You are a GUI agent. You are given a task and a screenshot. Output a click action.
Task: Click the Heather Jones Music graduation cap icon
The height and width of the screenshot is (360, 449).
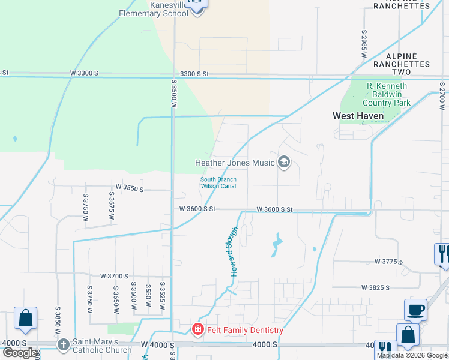click(284, 162)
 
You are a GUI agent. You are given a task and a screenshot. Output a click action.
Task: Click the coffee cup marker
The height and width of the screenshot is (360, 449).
click(415, 310)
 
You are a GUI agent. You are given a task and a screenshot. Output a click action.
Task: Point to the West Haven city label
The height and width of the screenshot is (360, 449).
click(358, 116)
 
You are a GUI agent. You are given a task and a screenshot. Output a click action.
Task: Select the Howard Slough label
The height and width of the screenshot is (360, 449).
click(235, 251)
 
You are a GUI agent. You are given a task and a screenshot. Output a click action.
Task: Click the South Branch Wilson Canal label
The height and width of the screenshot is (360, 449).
click(218, 183)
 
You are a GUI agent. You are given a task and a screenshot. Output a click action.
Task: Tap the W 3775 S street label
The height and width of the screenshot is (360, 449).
click(388, 262)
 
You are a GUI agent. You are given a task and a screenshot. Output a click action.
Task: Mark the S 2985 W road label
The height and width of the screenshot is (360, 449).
click(364, 43)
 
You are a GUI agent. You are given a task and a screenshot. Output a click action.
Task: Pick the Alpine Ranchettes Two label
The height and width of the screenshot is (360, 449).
click(402, 64)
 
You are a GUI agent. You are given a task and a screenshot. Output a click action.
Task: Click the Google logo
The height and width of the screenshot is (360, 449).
click(20, 353)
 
